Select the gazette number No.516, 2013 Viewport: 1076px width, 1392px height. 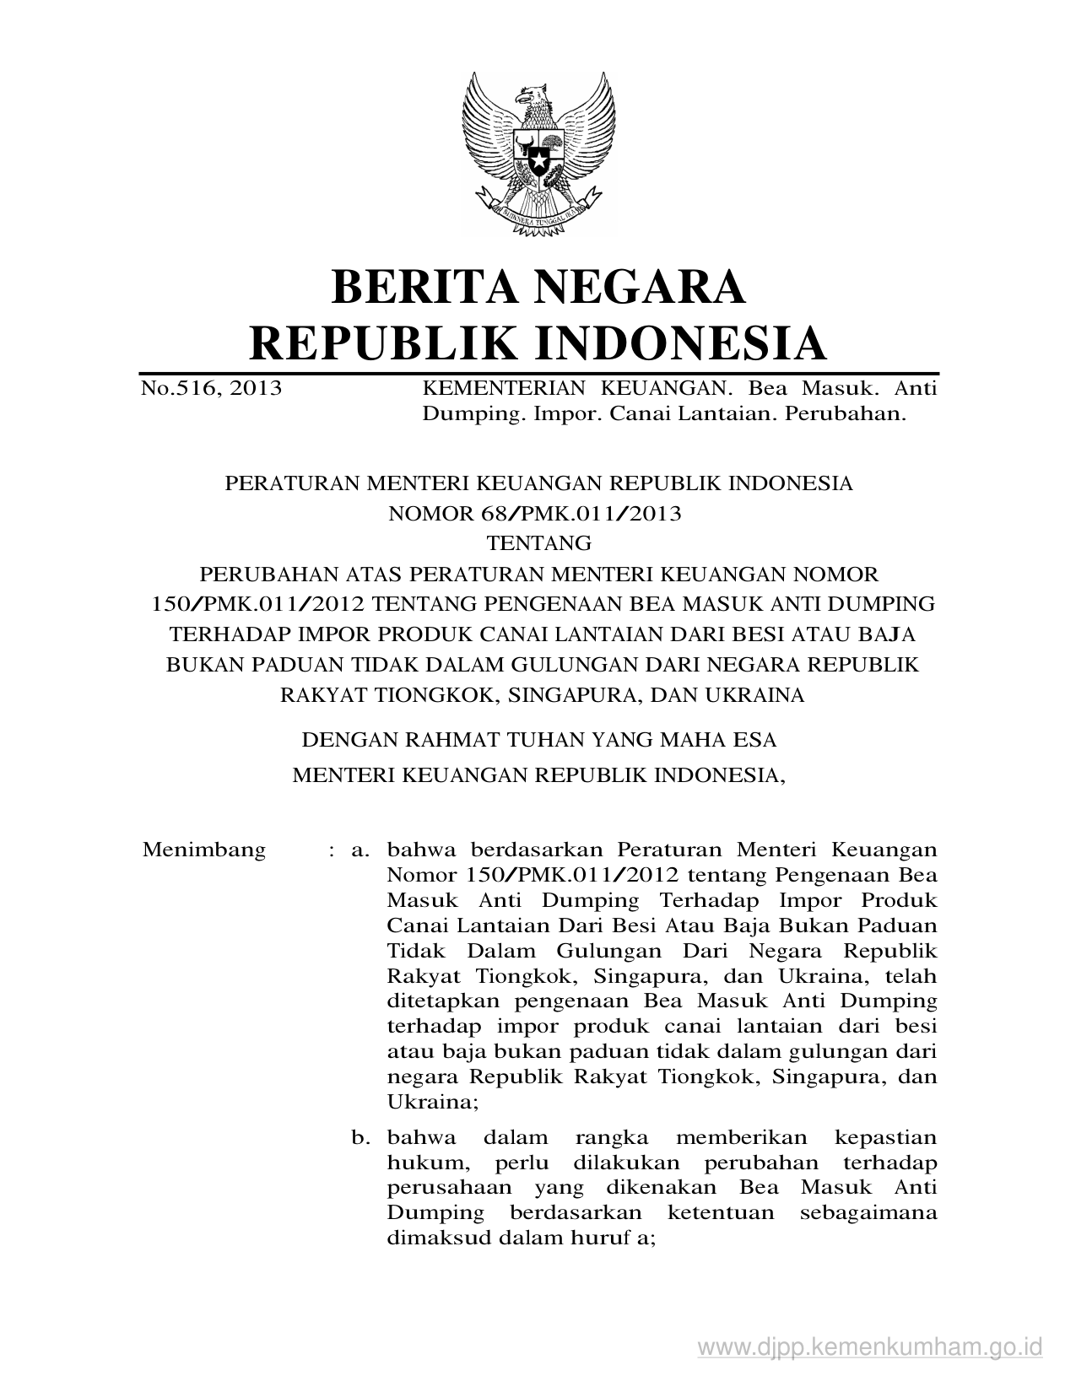pos(212,389)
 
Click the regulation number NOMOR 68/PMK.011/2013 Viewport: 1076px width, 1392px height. pos(534,514)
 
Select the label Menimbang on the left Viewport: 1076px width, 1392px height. pos(204,850)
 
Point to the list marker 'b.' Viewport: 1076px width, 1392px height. pos(362,1138)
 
